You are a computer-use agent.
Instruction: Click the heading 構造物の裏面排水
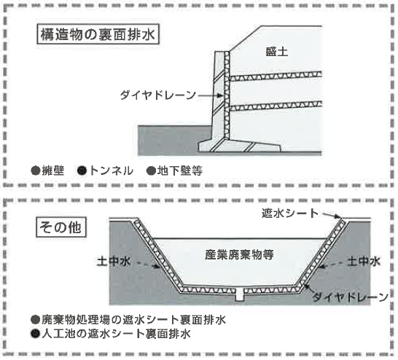click(x=98, y=34)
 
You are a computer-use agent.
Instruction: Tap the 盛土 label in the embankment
click(x=277, y=52)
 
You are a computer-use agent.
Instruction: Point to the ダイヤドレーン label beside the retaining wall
click(x=158, y=95)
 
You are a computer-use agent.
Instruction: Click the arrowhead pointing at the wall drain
click(x=220, y=95)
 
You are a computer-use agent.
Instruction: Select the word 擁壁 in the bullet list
click(x=53, y=171)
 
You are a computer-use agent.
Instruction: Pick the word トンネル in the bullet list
click(x=112, y=171)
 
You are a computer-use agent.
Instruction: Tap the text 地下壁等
click(x=180, y=171)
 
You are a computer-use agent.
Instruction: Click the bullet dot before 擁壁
click(x=36, y=171)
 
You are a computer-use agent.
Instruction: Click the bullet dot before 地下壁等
click(x=151, y=171)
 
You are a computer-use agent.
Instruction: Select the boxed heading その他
click(x=61, y=227)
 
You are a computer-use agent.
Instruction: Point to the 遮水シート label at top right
click(x=290, y=214)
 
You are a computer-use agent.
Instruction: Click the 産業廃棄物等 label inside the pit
click(x=239, y=255)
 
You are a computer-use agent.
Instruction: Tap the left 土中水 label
click(x=114, y=262)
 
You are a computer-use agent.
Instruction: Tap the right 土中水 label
click(x=364, y=262)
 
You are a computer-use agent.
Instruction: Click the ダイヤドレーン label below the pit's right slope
click(x=351, y=297)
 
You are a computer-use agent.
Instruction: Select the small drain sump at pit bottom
click(x=239, y=295)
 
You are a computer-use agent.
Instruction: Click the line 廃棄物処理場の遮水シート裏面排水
click(x=134, y=320)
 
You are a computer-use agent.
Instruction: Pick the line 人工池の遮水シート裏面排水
click(x=116, y=334)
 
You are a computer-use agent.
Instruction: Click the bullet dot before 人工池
click(x=35, y=334)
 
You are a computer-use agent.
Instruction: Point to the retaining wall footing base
click(x=240, y=146)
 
